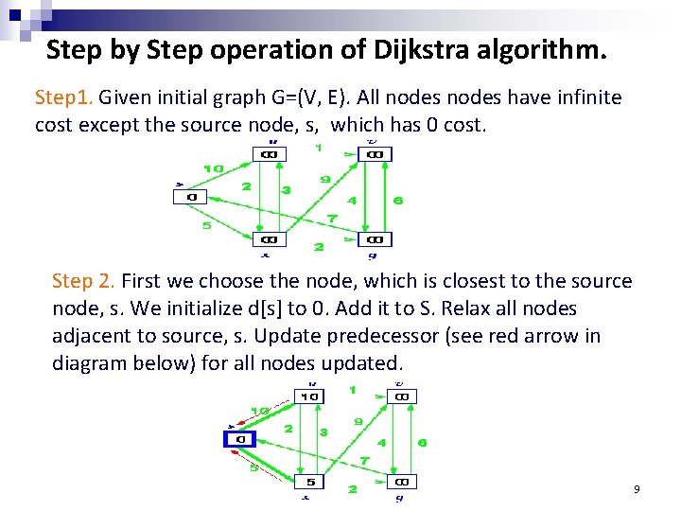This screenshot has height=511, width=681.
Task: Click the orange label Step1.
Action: coord(63,97)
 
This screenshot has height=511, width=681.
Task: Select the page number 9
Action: coord(637,489)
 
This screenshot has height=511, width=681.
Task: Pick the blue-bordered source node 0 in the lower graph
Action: coord(240,438)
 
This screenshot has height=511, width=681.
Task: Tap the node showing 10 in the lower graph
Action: coord(309,396)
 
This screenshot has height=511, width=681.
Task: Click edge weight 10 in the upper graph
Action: coord(213,168)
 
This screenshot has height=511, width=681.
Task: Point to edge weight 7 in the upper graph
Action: coord(331,219)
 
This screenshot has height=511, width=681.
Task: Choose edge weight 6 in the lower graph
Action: coord(423,442)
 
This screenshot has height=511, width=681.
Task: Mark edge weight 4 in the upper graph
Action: coord(352,201)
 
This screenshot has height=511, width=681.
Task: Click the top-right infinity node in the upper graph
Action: coord(375,154)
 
